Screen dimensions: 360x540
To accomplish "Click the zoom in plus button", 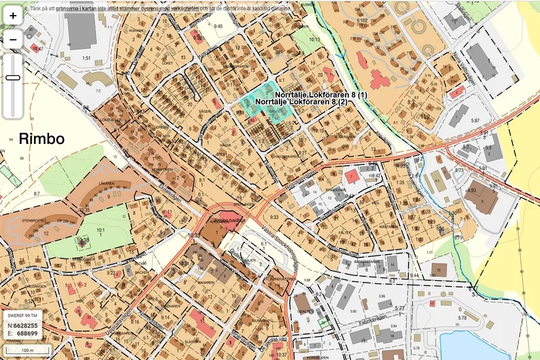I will click(x=12, y=16).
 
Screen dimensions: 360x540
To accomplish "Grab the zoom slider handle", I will click(x=12, y=78).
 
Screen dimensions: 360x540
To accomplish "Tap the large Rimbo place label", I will click(x=41, y=139).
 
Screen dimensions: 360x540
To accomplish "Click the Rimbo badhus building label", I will click(x=225, y=220).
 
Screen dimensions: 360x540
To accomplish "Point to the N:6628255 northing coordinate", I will click(x=22, y=325).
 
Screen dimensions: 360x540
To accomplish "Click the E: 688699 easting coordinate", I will click(x=22, y=333).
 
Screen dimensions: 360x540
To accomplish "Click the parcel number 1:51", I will click(x=86, y=58).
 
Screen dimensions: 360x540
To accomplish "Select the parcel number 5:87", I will click(x=475, y=121).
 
